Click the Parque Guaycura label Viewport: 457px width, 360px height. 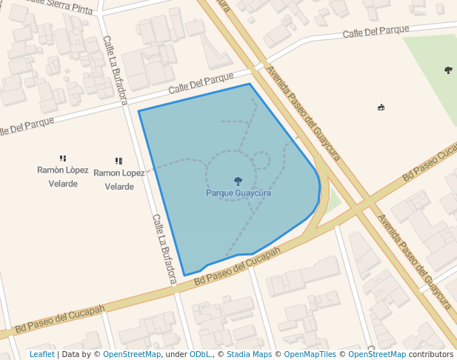click(238, 193)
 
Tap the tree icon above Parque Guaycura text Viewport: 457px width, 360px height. click(238, 181)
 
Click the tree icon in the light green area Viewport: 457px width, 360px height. click(448, 70)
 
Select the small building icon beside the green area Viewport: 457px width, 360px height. click(381, 107)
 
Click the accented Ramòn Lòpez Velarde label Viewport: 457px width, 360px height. click(63, 176)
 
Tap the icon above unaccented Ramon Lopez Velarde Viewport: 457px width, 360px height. click(119, 161)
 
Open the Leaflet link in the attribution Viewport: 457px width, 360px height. click(41, 355)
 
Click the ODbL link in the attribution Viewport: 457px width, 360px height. click(200, 355)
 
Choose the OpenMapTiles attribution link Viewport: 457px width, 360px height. click(312, 355)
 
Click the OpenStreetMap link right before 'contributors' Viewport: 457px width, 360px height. click(377, 355)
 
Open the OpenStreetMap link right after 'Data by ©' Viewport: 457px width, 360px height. click(132, 355)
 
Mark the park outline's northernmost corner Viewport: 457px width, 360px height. click(249, 84)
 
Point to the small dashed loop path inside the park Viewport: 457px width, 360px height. click(261, 160)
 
